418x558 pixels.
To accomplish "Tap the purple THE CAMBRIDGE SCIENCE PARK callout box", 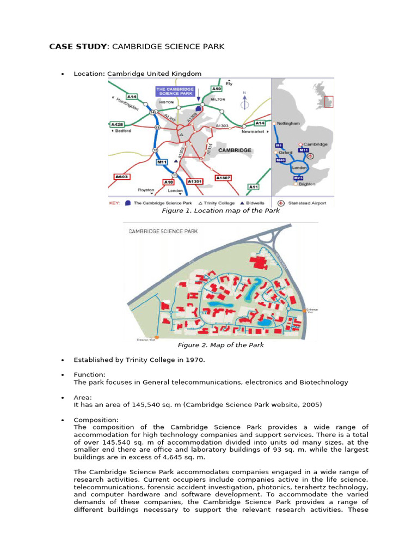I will pyautogui.click(x=175, y=91).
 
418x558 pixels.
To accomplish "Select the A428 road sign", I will pyautogui.click(x=118, y=124).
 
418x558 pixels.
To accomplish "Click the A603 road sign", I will pyautogui.click(x=121, y=177).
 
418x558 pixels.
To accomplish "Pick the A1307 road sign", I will pyautogui.click(x=223, y=178).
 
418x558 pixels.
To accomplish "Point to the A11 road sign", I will pyautogui.click(x=254, y=187).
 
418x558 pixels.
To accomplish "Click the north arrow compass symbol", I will pyautogui.click(x=245, y=101).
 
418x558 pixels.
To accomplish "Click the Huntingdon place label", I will pyautogui.click(x=127, y=104).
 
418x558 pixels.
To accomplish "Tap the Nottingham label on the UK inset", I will pyautogui.click(x=288, y=124).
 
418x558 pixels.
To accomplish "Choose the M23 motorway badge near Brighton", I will pyautogui.click(x=298, y=178).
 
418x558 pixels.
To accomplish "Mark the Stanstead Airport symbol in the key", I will pyautogui.click(x=281, y=203).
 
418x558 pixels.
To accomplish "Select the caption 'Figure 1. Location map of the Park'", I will pyautogui.click(x=220, y=210).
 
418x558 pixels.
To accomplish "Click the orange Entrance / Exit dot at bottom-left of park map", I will pyautogui.click(x=157, y=337).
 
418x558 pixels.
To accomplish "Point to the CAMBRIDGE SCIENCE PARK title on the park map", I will pyautogui.click(x=163, y=231).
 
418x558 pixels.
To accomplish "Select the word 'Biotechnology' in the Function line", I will pyautogui.click(x=323, y=382).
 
